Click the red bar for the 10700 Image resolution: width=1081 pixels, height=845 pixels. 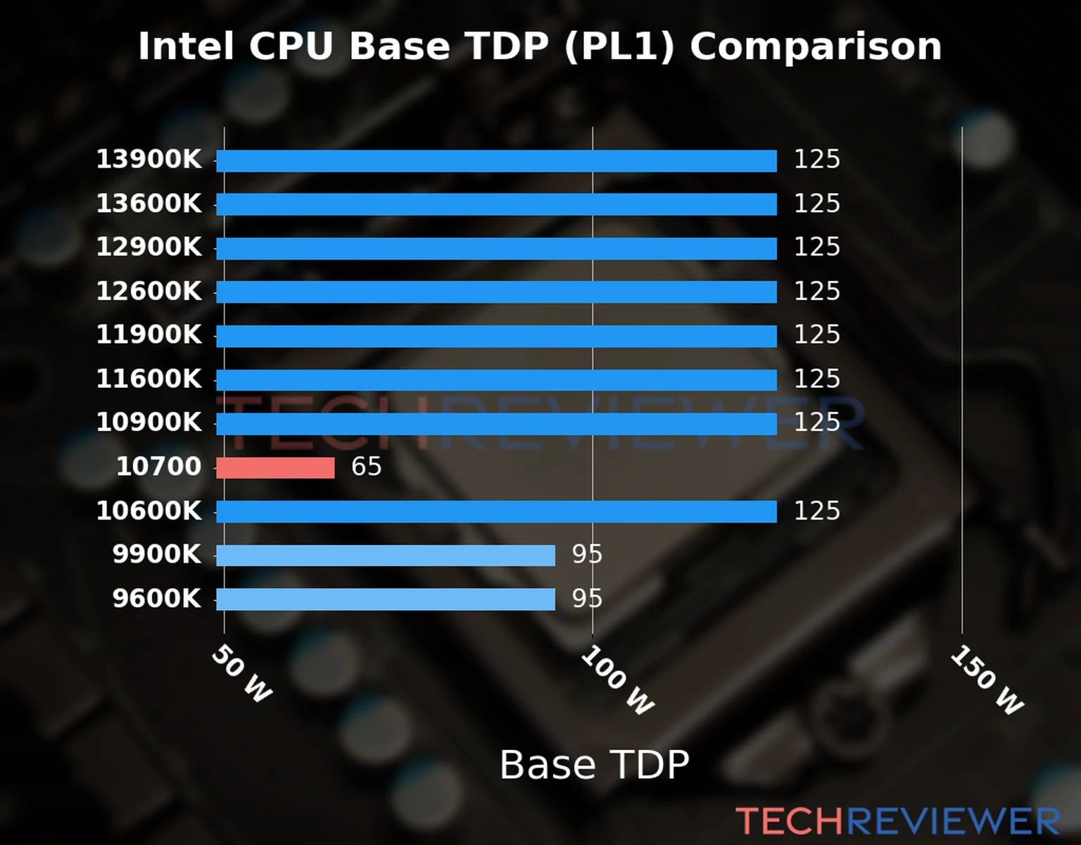(x=275, y=468)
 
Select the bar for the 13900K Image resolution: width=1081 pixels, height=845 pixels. (x=496, y=161)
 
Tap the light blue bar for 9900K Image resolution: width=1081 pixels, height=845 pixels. (x=385, y=556)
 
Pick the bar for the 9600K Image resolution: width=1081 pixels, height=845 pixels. (x=385, y=599)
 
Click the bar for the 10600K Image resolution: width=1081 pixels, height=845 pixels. (x=496, y=511)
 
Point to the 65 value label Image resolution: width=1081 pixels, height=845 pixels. (x=366, y=467)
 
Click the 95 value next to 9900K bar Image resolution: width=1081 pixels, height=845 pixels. (x=587, y=555)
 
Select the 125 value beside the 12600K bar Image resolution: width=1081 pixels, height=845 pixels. (x=816, y=292)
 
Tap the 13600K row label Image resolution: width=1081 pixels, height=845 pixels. (x=148, y=204)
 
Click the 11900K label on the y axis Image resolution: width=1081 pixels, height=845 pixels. (x=148, y=335)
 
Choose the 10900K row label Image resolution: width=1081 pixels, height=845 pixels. (x=148, y=423)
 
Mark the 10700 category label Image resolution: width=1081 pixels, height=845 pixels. (x=158, y=467)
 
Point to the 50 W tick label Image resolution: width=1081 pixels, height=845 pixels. (x=241, y=674)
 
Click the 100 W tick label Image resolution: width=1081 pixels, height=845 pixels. (x=617, y=680)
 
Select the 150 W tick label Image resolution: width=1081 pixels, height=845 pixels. (x=987, y=680)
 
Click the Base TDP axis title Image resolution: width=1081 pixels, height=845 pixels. (x=594, y=765)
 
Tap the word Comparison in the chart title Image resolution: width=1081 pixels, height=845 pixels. (x=815, y=47)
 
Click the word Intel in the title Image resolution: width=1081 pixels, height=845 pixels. (x=186, y=47)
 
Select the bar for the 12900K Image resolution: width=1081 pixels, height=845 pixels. (x=496, y=248)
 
